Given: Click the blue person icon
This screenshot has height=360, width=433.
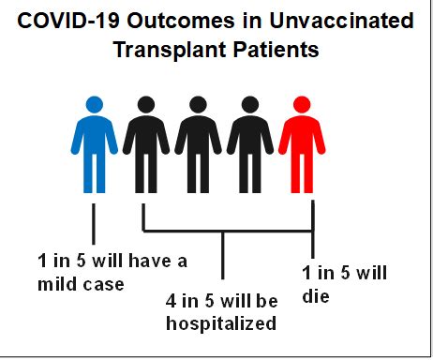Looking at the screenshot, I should coord(93,141).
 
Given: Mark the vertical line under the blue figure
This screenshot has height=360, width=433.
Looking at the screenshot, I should coord(93,224).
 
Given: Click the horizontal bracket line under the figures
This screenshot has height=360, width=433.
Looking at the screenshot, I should coord(225,230).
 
